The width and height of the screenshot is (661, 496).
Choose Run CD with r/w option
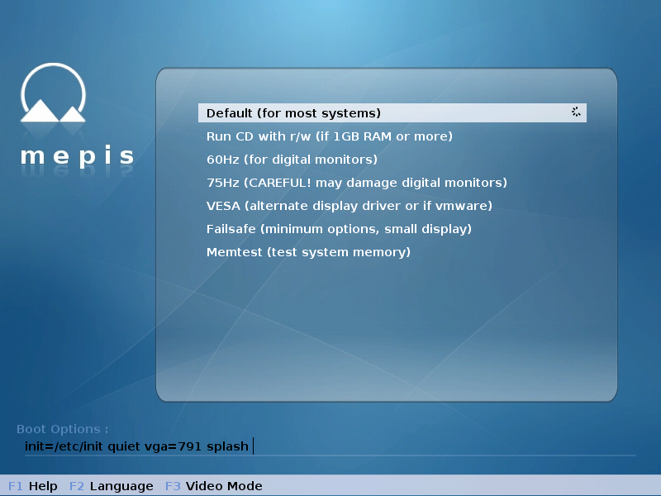point(329,136)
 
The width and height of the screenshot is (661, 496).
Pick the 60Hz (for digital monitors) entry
point(292,160)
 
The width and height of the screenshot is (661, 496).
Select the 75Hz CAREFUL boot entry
point(357,183)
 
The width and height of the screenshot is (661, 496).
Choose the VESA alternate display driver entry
point(349,206)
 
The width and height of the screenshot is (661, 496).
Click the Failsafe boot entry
point(339,229)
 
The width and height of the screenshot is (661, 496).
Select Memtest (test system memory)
point(308,252)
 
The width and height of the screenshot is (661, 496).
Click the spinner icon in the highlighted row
point(576,112)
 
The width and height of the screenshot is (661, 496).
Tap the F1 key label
point(15,486)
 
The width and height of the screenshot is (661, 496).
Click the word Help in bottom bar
point(43,486)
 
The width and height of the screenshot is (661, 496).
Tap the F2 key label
point(77,486)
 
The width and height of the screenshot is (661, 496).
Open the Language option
point(121,487)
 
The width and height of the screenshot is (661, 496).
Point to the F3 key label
point(173,486)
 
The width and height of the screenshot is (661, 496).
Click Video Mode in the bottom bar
point(224,486)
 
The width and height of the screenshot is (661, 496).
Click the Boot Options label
point(63,429)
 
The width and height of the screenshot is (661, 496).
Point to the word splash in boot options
point(227,446)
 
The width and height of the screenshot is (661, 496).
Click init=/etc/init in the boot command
point(64,446)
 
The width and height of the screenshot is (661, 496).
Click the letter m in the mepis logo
point(32,155)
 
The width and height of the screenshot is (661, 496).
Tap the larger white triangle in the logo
point(40,112)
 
